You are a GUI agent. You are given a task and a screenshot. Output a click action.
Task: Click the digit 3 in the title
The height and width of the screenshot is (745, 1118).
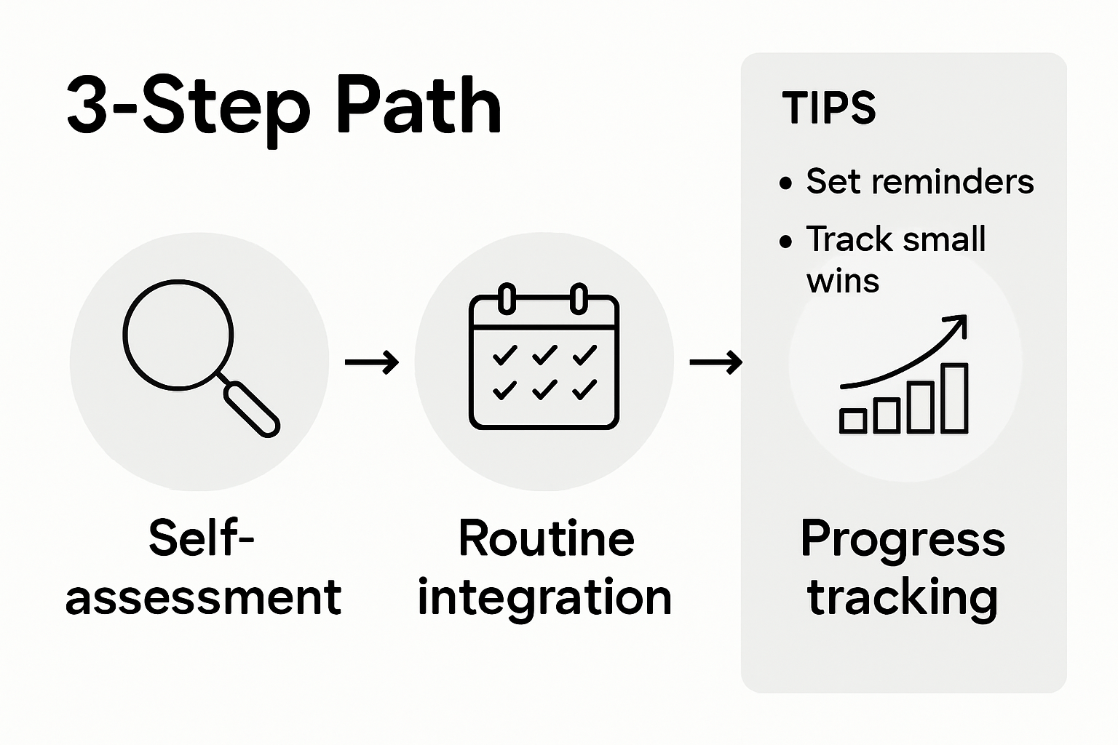(x=87, y=107)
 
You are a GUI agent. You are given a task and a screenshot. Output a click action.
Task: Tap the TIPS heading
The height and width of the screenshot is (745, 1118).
(x=828, y=108)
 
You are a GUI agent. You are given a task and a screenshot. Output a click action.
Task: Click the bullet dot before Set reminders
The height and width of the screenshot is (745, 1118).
(x=785, y=183)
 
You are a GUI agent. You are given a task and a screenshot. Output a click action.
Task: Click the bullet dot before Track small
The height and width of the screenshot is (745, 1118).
(x=785, y=242)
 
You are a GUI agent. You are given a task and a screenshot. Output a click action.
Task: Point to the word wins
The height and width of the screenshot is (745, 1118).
(x=842, y=282)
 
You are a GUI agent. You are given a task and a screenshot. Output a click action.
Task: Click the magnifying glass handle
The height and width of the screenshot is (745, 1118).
(x=251, y=410)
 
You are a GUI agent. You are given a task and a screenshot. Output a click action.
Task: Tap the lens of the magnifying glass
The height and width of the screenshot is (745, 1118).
(x=178, y=335)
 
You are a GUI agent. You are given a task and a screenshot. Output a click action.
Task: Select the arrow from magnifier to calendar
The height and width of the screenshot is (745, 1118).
(x=372, y=362)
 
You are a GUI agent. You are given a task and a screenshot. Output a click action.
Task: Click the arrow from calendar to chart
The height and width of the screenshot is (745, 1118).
(x=716, y=362)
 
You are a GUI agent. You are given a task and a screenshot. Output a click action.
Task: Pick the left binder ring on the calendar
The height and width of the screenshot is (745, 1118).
(x=507, y=298)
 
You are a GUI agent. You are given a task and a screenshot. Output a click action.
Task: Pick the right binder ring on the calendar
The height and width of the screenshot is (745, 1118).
(x=578, y=298)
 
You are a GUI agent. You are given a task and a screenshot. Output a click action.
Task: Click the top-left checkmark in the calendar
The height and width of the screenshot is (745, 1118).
(x=504, y=356)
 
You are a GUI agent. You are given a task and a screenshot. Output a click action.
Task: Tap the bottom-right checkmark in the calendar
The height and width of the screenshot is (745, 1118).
(x=584, y=391)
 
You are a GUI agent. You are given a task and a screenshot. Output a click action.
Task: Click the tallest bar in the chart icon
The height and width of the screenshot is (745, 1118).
(x=955, y=399)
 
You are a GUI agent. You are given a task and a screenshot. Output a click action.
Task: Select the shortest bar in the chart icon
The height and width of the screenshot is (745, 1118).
(x=853, y=421)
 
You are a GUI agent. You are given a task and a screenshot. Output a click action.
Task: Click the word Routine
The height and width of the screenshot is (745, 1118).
(x=546, y=539)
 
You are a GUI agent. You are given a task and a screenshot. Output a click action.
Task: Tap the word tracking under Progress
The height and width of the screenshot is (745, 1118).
(x=903, y=598)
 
